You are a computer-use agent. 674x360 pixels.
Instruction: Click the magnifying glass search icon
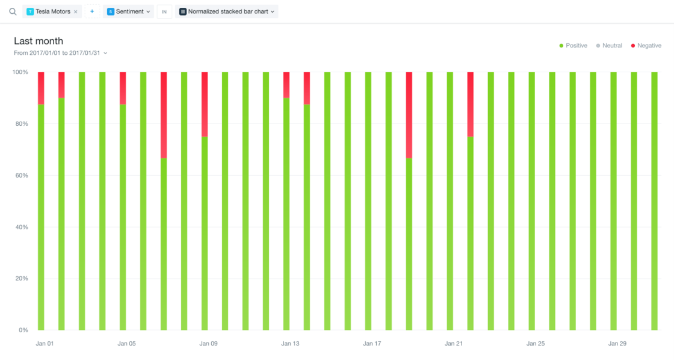click(x=13, y=11)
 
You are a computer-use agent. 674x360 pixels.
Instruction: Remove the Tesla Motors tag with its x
click(x=75, y=11)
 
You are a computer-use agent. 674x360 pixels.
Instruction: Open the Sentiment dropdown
click(x=129, y=11)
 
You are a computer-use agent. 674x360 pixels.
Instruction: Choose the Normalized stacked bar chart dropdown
click(x=227, y=11)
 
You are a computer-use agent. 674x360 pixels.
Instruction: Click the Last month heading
click(x=39, y=41)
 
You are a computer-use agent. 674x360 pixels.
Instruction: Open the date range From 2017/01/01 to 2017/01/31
click(x=61, y=53)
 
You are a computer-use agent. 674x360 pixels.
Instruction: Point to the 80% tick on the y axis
click(x=21, y=124)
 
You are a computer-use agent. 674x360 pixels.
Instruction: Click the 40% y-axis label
click(x=21, y=227)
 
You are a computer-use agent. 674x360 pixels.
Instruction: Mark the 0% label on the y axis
click(x=23, y=330)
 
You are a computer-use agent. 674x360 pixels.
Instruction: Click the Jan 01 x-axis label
click(x=45, y=344)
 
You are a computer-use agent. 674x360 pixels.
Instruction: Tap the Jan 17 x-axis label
click(x=372, y=344)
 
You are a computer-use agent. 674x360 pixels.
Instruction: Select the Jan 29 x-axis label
click(x=617, y=344)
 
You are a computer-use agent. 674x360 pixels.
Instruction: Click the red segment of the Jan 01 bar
click(x=41, y=88)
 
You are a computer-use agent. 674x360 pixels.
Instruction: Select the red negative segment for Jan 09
click(x=205, y=104)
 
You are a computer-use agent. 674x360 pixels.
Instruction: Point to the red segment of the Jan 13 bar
click(x=286, y=85)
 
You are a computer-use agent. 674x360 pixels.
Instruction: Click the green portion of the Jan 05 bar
click(x=123, y=217)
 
